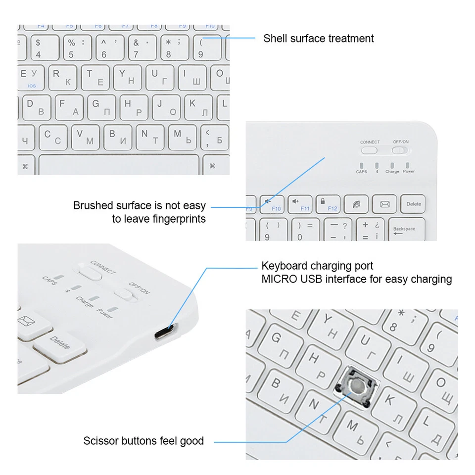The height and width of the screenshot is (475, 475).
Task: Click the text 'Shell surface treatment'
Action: (x=318, y=39)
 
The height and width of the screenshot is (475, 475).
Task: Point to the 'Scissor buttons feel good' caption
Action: (x=143, y=441)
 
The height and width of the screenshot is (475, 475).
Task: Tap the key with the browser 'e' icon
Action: (x=356, y=204)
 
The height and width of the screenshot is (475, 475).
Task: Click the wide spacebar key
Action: (x=119, y=165)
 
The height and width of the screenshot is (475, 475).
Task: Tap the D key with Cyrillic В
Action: (x=35, y=107)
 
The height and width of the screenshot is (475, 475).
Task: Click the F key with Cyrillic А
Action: (x=68, y=107)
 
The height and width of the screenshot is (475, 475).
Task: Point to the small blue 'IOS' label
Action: (x=32, y=86)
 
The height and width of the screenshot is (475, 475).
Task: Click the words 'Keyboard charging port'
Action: (x=317, y=266)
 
